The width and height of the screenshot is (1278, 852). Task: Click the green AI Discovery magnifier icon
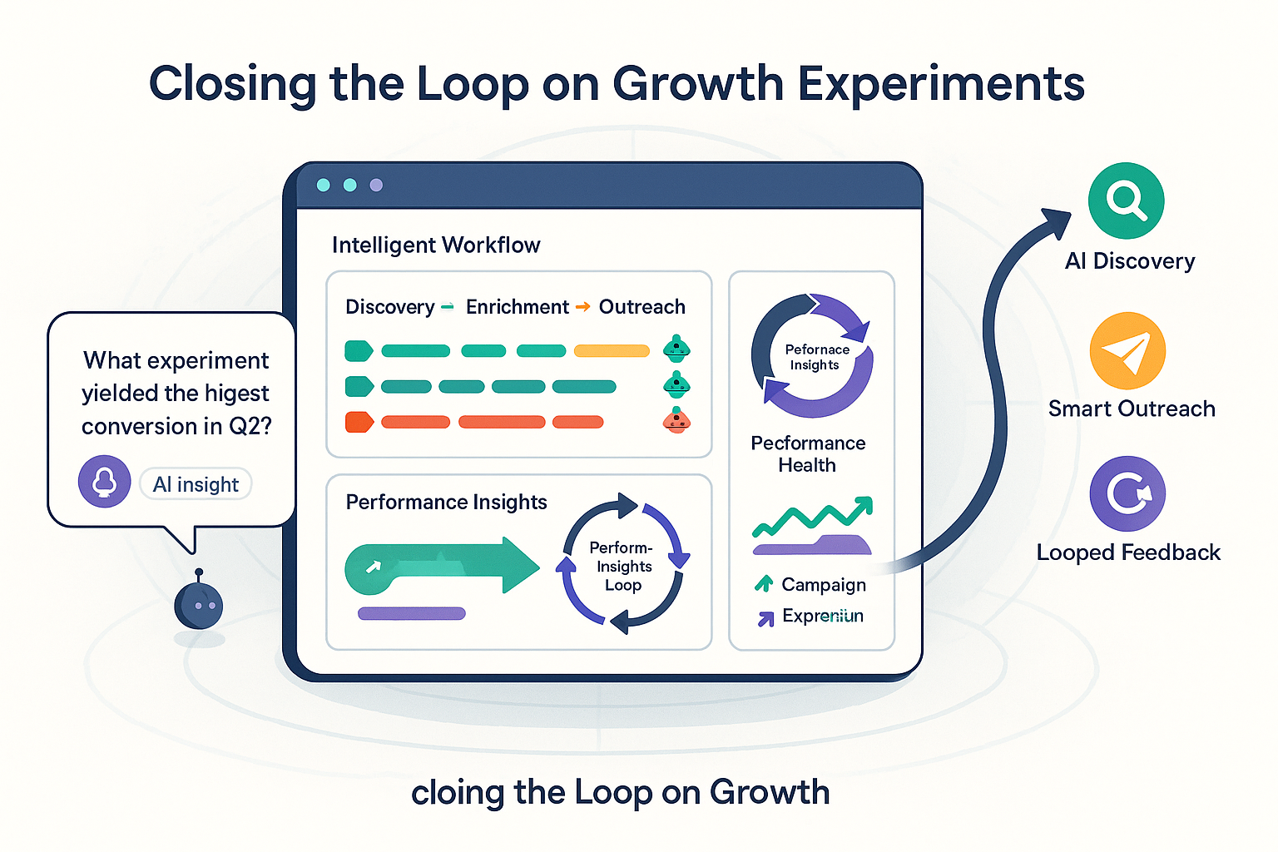point(1126,201)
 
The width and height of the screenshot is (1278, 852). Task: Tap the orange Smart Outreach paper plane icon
point(1127,350)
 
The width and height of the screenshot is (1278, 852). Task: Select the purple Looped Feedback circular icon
point(1127,493)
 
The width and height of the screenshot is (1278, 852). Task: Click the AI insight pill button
point(196,484)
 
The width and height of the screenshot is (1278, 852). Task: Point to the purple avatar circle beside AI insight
point(104,481)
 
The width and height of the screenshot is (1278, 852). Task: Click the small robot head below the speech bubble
point(198,605)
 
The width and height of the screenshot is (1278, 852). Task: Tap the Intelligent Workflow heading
point(436,245)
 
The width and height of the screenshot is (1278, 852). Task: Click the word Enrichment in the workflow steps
point(517,307)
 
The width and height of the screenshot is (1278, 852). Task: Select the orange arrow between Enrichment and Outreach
point(583,307)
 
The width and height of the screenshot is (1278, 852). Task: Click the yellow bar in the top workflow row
point(612,351)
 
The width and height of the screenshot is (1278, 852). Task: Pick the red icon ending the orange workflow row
point(676,421)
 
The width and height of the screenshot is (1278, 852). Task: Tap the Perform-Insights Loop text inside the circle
point(622,567)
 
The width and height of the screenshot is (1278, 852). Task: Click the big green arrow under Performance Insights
point(441,566)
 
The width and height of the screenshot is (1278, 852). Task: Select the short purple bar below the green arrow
point(411,614)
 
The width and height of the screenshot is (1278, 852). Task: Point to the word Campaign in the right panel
point(824,585)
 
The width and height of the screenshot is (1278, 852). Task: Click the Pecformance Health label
point(808,453)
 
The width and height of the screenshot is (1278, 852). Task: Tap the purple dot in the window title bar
point(376,185)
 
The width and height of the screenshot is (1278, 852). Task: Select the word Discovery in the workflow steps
point(389,307)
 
